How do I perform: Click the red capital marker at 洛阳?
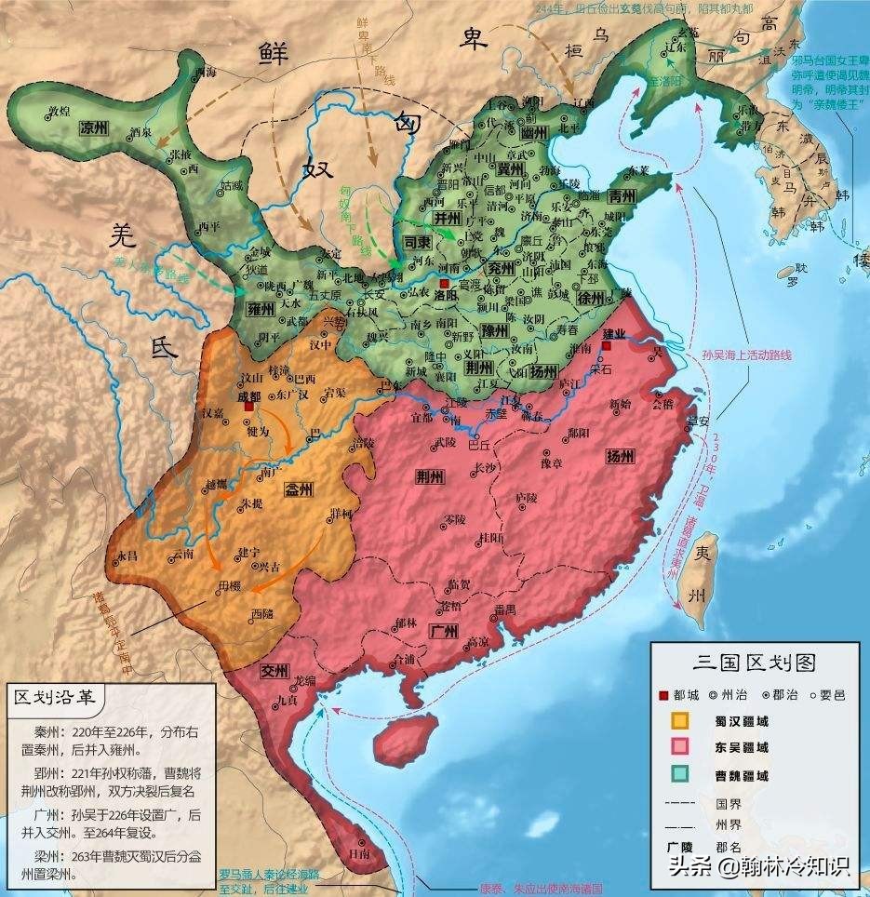(x=445, y=284)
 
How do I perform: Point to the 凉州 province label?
(x=95, y=127)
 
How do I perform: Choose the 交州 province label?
(x=275, y=668)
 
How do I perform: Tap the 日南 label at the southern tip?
(x=354, y=852)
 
